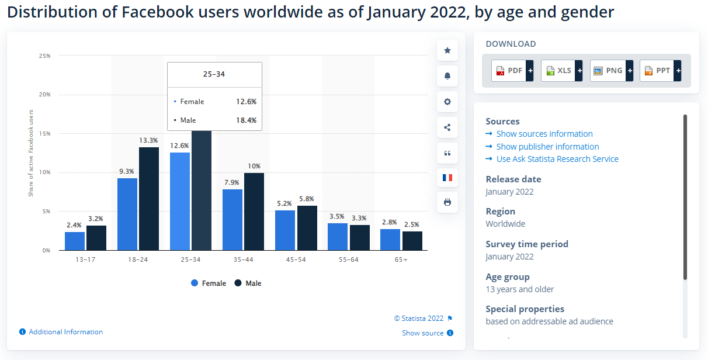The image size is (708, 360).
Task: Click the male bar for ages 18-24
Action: [x=148, y=199]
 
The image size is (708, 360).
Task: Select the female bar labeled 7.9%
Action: [x=232, y=220]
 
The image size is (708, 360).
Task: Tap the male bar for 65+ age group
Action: [x=412, y=241]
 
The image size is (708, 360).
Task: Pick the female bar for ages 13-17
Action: [x=75, y=241]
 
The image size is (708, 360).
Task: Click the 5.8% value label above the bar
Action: [x=307, y=199]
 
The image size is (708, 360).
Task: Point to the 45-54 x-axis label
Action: [x=296, y=259]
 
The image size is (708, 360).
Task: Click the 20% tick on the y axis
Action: [x=44, y=95]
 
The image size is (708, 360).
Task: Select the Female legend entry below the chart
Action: [x=209, y=283]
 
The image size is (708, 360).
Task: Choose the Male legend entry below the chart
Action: [x=248, y=283]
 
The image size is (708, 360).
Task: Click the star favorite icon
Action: [x=447, y=50]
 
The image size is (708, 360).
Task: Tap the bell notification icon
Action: [x=447, y=76]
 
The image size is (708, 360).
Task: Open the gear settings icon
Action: [x=447, y=102]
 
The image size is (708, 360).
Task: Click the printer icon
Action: [x=447, y=202]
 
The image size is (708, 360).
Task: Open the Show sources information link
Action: [x=544, y=134]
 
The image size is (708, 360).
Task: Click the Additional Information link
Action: [x=65, y=332]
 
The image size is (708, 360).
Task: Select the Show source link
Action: [x=423, y=333]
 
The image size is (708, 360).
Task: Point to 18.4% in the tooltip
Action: [x=246, y=120]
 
